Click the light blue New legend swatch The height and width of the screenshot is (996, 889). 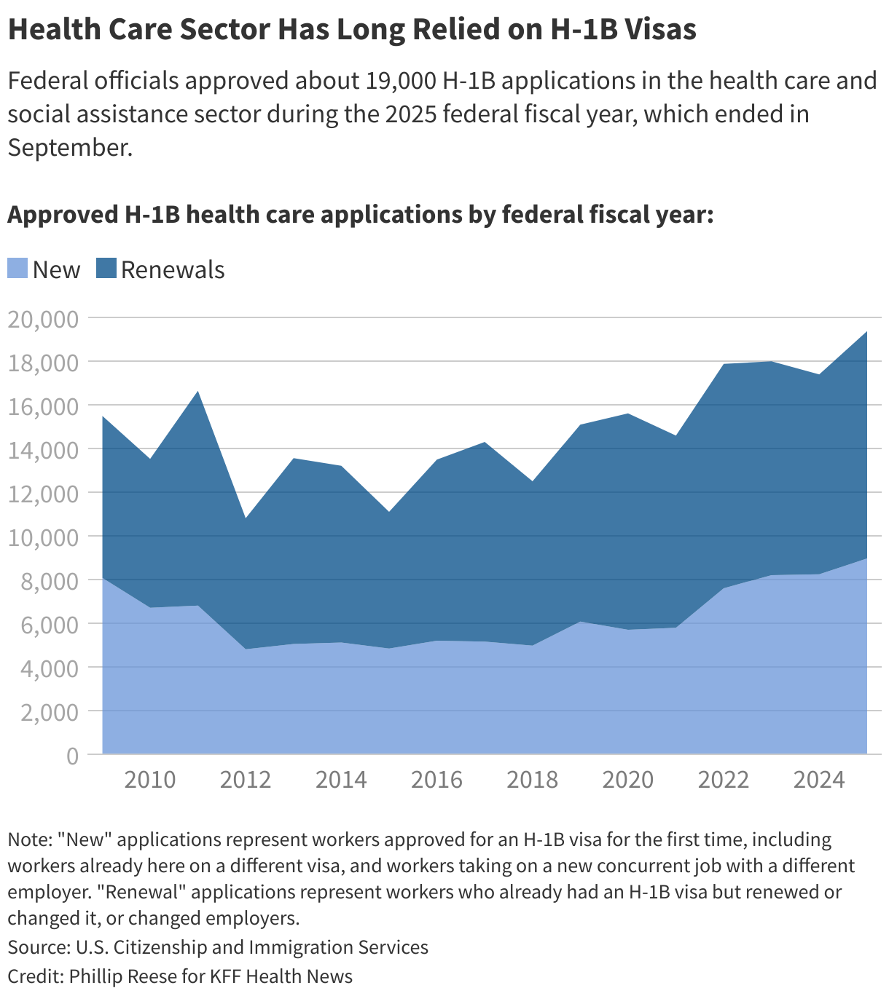(17, 269)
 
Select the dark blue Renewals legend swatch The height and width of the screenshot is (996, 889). (106, 269)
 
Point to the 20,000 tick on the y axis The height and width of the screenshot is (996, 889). (42, 319)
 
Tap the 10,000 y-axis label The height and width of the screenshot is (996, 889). (42, 537)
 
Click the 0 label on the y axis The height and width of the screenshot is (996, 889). (71, 756)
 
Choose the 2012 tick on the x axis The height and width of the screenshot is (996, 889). (246, 780)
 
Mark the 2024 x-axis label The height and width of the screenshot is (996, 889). (819, 780)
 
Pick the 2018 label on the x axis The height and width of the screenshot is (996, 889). (532, 780)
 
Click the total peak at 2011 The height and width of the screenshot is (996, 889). (197, 392)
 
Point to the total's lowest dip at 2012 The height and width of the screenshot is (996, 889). (246, 518)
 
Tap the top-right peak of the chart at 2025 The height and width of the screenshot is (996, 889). (866, 332)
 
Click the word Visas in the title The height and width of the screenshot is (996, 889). (659, 30)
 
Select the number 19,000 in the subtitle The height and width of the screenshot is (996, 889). (399, 80)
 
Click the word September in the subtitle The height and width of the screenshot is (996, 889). (69, 147)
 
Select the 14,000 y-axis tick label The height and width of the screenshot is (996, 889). (42, 450)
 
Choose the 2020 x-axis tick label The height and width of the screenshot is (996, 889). (627, 780)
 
